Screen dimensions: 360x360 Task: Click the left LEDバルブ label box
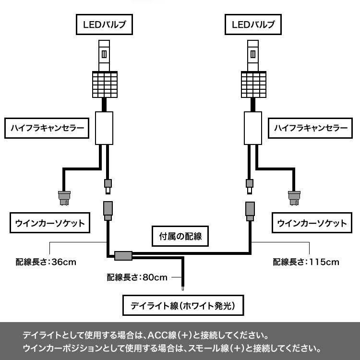(x=104, y=24)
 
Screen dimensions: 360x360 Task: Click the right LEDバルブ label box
(x=253, y=24)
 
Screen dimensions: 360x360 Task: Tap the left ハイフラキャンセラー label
(x=47, y=128)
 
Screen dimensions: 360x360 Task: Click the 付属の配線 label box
(x=180, y=236)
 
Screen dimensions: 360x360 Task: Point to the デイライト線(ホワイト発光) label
(x=181, y=305)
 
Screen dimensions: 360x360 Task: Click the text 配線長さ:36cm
(x=46, y=262)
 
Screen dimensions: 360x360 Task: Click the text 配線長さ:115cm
(x=306, y=262)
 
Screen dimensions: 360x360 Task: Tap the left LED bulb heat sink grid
(x=105, y=84)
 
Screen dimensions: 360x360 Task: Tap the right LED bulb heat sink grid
(x=253, y=84)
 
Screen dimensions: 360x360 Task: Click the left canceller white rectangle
(x=104, y=127)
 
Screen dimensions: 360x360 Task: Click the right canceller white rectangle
(x=253, y=127)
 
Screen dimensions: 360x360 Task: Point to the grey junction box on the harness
(x=123, y=256)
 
